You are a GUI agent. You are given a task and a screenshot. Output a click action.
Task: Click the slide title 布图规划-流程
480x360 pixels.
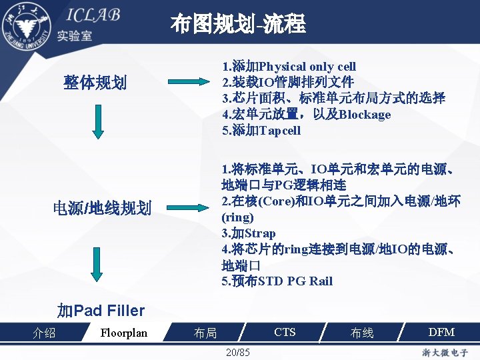(x=238, y=25)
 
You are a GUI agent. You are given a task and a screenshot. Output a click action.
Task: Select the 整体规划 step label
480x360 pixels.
(x=95, y=83)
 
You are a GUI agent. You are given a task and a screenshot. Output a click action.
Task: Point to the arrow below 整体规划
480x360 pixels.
(x=98, y=124)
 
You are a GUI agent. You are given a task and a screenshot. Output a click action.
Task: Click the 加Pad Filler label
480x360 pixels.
(x=101, y=310)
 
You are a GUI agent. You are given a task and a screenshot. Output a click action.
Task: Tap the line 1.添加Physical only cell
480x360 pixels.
(x=289, y=66)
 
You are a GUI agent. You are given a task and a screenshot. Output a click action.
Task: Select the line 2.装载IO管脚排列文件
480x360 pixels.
(x=287, y=82)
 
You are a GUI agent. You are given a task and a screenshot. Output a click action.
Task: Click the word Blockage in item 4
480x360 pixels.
(x=365, y=114)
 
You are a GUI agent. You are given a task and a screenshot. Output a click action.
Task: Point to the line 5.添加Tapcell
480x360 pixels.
(x=261, y=130)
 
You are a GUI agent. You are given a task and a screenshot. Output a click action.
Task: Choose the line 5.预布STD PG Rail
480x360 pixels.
(x=277, y=281)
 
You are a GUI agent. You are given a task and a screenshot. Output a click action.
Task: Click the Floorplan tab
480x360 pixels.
(x=123, y=332)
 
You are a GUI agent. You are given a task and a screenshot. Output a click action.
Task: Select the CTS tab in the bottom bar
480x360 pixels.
(x=285, y=331)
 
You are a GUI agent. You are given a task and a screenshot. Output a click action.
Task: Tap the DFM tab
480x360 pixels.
(x=441, y=331)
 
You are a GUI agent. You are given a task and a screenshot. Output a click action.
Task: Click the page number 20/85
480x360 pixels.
(x=237, y=351)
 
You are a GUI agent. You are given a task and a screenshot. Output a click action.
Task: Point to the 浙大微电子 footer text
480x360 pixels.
(x=445, y=352)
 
